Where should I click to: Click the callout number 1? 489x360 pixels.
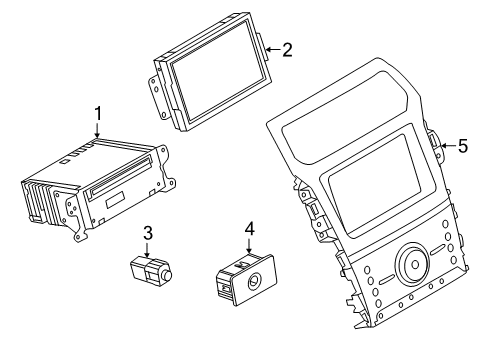point(97,114)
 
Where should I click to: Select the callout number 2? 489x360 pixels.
point(287,50)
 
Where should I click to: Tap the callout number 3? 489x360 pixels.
point(148,233)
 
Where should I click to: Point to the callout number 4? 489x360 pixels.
point(250,229)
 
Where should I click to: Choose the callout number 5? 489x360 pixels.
point(463,146)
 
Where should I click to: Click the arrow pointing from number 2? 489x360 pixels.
point(273,50)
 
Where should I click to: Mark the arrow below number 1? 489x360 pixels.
point(97,130)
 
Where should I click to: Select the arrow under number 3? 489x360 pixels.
point(147,250)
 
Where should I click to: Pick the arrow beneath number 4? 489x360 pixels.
point(249,245)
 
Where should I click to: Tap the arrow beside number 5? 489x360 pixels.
point(448,146)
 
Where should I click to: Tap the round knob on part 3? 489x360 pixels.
point(166,276)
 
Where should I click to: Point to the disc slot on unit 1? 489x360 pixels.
point(121,174)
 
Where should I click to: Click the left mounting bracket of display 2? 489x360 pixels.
point(158,96)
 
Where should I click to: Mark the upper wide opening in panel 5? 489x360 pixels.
point(346,117)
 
